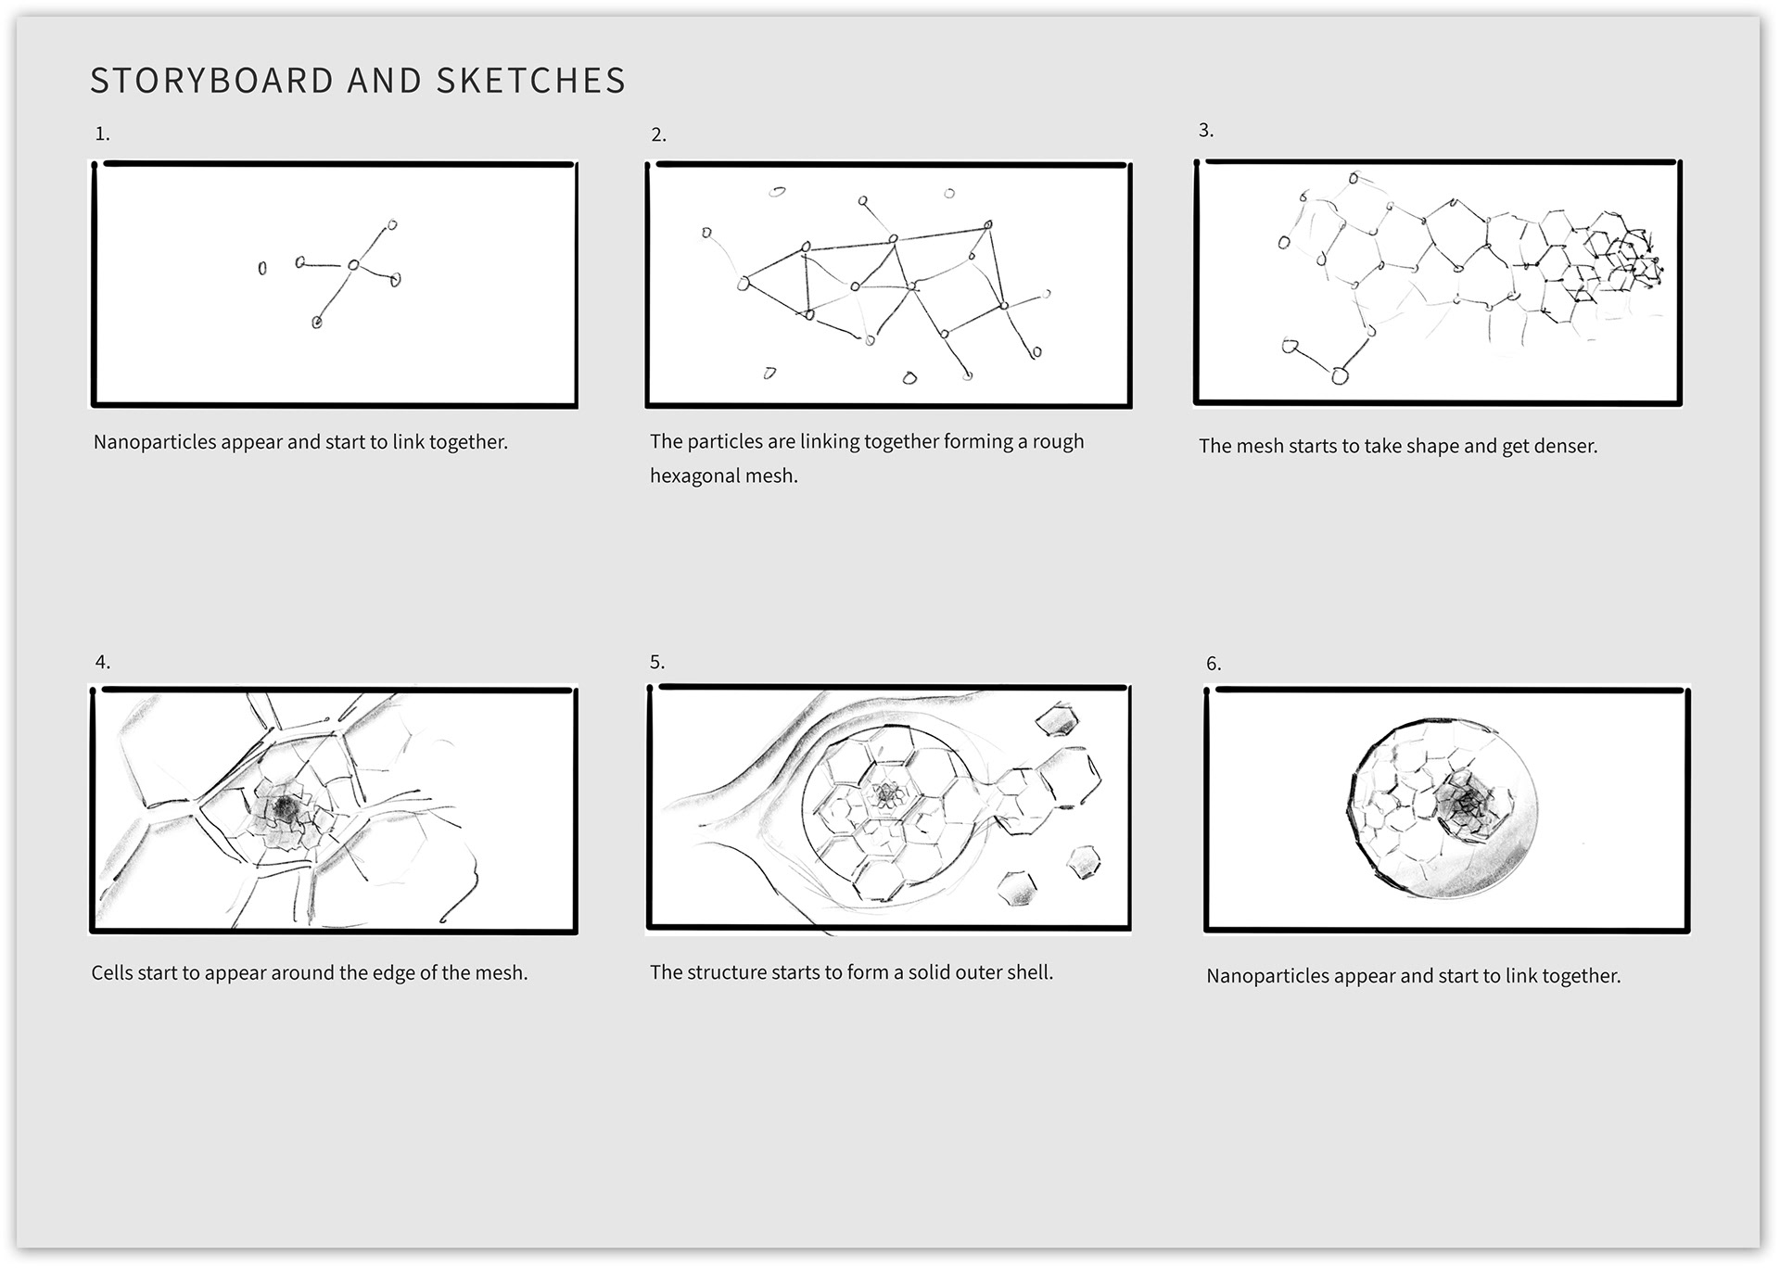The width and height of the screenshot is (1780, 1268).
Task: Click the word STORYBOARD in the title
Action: coord(211,81)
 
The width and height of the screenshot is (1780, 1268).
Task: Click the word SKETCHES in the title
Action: coord(530,81)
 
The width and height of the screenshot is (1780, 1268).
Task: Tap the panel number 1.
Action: coord(102,134)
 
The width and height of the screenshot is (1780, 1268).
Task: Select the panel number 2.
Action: coord(658,135)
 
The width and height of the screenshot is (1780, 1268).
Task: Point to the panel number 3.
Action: coord(1205,131)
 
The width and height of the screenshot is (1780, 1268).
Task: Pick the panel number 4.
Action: coord(102,663)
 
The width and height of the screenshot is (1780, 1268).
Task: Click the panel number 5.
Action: coord(657,663)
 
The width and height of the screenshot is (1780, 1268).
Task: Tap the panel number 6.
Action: coord(1213,665)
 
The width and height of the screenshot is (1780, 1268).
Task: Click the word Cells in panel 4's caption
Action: coord(112,973)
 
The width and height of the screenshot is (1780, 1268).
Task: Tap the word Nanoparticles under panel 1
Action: coord(154,442)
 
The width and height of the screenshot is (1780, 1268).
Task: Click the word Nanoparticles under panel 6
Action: coord(1267,976)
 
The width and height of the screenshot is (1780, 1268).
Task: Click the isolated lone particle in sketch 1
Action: coord(262,268)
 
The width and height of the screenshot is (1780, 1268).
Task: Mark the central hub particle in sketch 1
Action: coord(353,266)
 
